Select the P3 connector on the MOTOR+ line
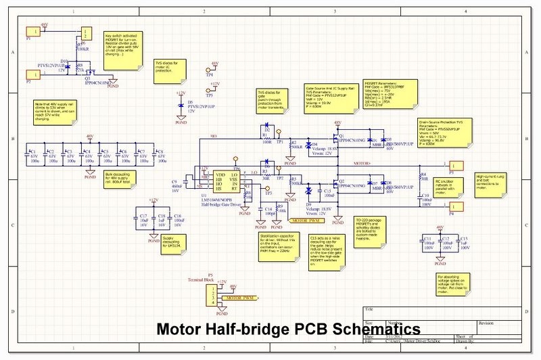click(456, 164)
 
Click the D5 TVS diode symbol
click(181, 106)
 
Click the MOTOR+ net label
click(362, 164)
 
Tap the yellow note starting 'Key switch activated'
click(124, 47)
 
